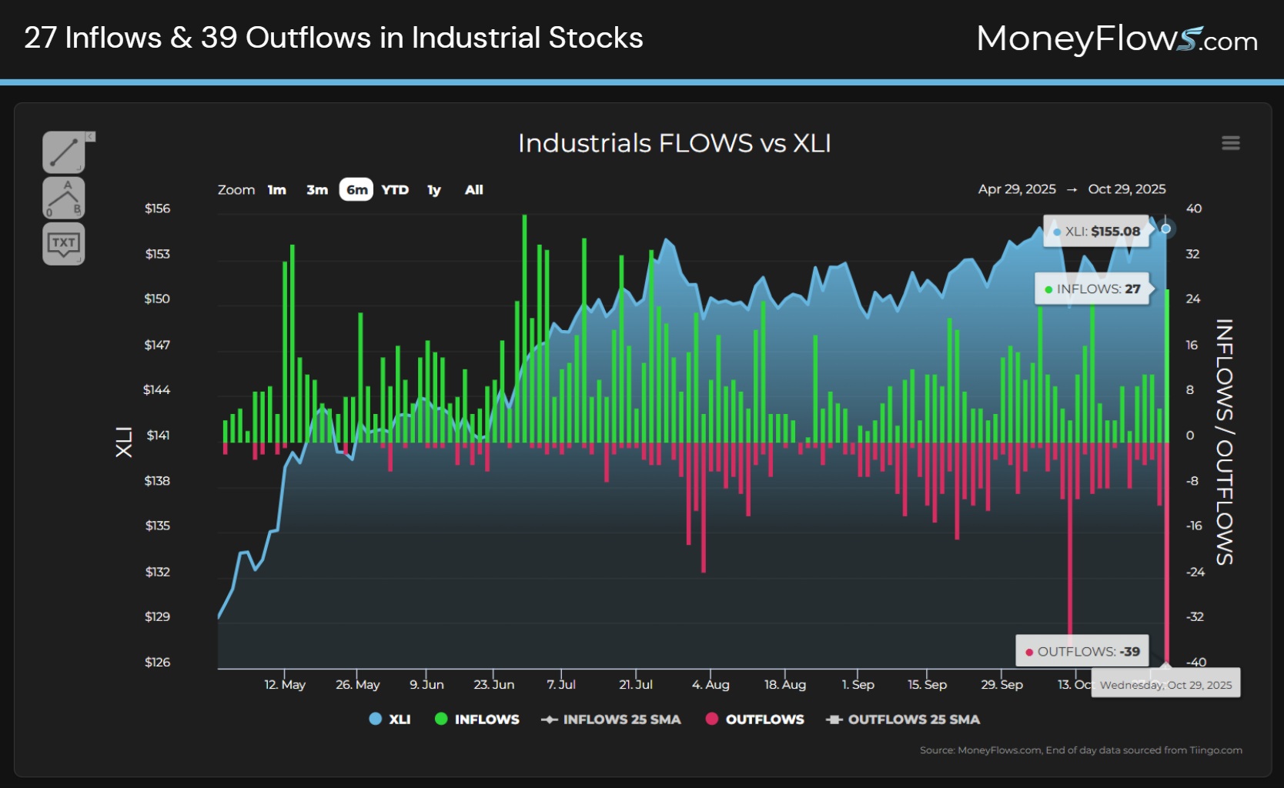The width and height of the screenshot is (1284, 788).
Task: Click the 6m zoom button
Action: (356, 190)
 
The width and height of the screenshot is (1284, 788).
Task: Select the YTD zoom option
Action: (395, 190)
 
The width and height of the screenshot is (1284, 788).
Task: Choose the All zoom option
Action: (473, 190)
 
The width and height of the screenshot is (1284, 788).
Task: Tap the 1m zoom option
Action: (277, 190)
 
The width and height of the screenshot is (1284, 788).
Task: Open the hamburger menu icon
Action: (1230, 143)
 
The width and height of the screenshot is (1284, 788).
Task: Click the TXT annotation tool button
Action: (63, 244)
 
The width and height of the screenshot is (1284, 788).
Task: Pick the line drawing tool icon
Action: (63, 152)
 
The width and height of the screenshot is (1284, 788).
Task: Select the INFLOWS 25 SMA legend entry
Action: (611, 720)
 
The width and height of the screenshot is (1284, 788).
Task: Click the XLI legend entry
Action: (390, 720)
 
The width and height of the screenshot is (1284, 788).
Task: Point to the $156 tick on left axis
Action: (158, 209)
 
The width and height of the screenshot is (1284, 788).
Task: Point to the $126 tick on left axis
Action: (158, 662)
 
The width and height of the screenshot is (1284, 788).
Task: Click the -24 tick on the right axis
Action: (1195, 572)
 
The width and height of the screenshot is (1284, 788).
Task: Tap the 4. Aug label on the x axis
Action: (711, 684)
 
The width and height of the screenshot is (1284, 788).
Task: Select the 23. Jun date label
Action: (493, 684)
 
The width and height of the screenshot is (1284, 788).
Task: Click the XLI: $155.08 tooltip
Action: (1096, 232)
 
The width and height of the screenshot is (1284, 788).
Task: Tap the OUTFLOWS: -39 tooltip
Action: (1082, 651)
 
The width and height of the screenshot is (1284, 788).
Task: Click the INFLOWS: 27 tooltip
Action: (1092, 289)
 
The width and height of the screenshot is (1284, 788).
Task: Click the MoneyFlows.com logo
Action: (1116, 38)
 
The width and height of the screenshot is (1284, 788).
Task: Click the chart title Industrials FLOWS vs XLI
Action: (674, 143)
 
